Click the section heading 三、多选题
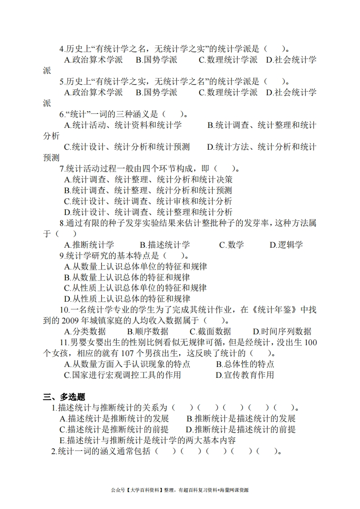pos(65,397)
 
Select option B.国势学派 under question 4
pos(156,60)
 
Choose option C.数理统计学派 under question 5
pos(228,93)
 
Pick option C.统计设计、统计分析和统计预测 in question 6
pos(127,147)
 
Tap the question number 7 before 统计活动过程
pos(62,169)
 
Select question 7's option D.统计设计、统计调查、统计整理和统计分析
pos(148,212)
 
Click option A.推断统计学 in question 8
pos(89,245)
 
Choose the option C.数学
pos(232,245)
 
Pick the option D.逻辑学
pos(286,245)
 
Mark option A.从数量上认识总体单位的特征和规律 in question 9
pos(135,266)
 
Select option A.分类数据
pos(85,332)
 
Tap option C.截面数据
pos(210,332)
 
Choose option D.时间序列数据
pos(282,332)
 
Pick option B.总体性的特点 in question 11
pos(245,364)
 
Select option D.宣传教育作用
pos(245,375)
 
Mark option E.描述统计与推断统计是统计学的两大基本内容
pos(148,440)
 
